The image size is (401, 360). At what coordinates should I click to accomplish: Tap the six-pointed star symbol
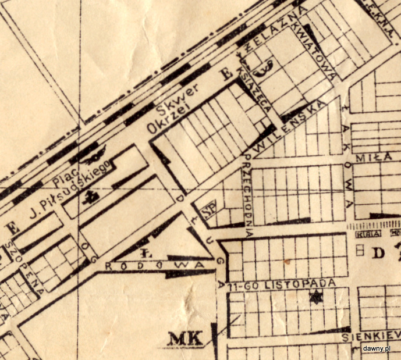[316, 297]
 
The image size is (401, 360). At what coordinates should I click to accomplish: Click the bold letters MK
[184, 338]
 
